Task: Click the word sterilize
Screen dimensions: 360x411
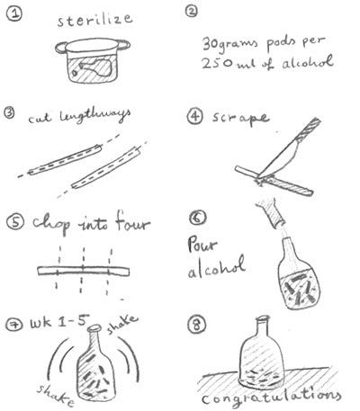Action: pos(94,19)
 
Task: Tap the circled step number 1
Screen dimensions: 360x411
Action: pos(14,14)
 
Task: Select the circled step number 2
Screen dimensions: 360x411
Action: pos(192,12)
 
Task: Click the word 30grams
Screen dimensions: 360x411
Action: pos(230,44)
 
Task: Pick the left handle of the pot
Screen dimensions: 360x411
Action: pos(60,48)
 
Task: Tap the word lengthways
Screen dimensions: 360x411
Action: pos(95,116)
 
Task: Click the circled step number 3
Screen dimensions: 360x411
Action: pos(10,113)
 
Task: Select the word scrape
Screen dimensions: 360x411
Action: pos(240,118)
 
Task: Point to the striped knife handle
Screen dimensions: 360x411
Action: pos(308,129)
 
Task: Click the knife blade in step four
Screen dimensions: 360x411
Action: pos(280,159)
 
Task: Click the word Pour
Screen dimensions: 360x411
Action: pos(202,245)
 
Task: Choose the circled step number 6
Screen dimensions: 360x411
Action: pos(198,218)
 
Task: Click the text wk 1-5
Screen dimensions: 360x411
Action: pos(59,323)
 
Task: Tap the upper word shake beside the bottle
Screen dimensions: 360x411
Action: pos(122,324)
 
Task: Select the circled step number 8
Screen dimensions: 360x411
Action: pos(197,325)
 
